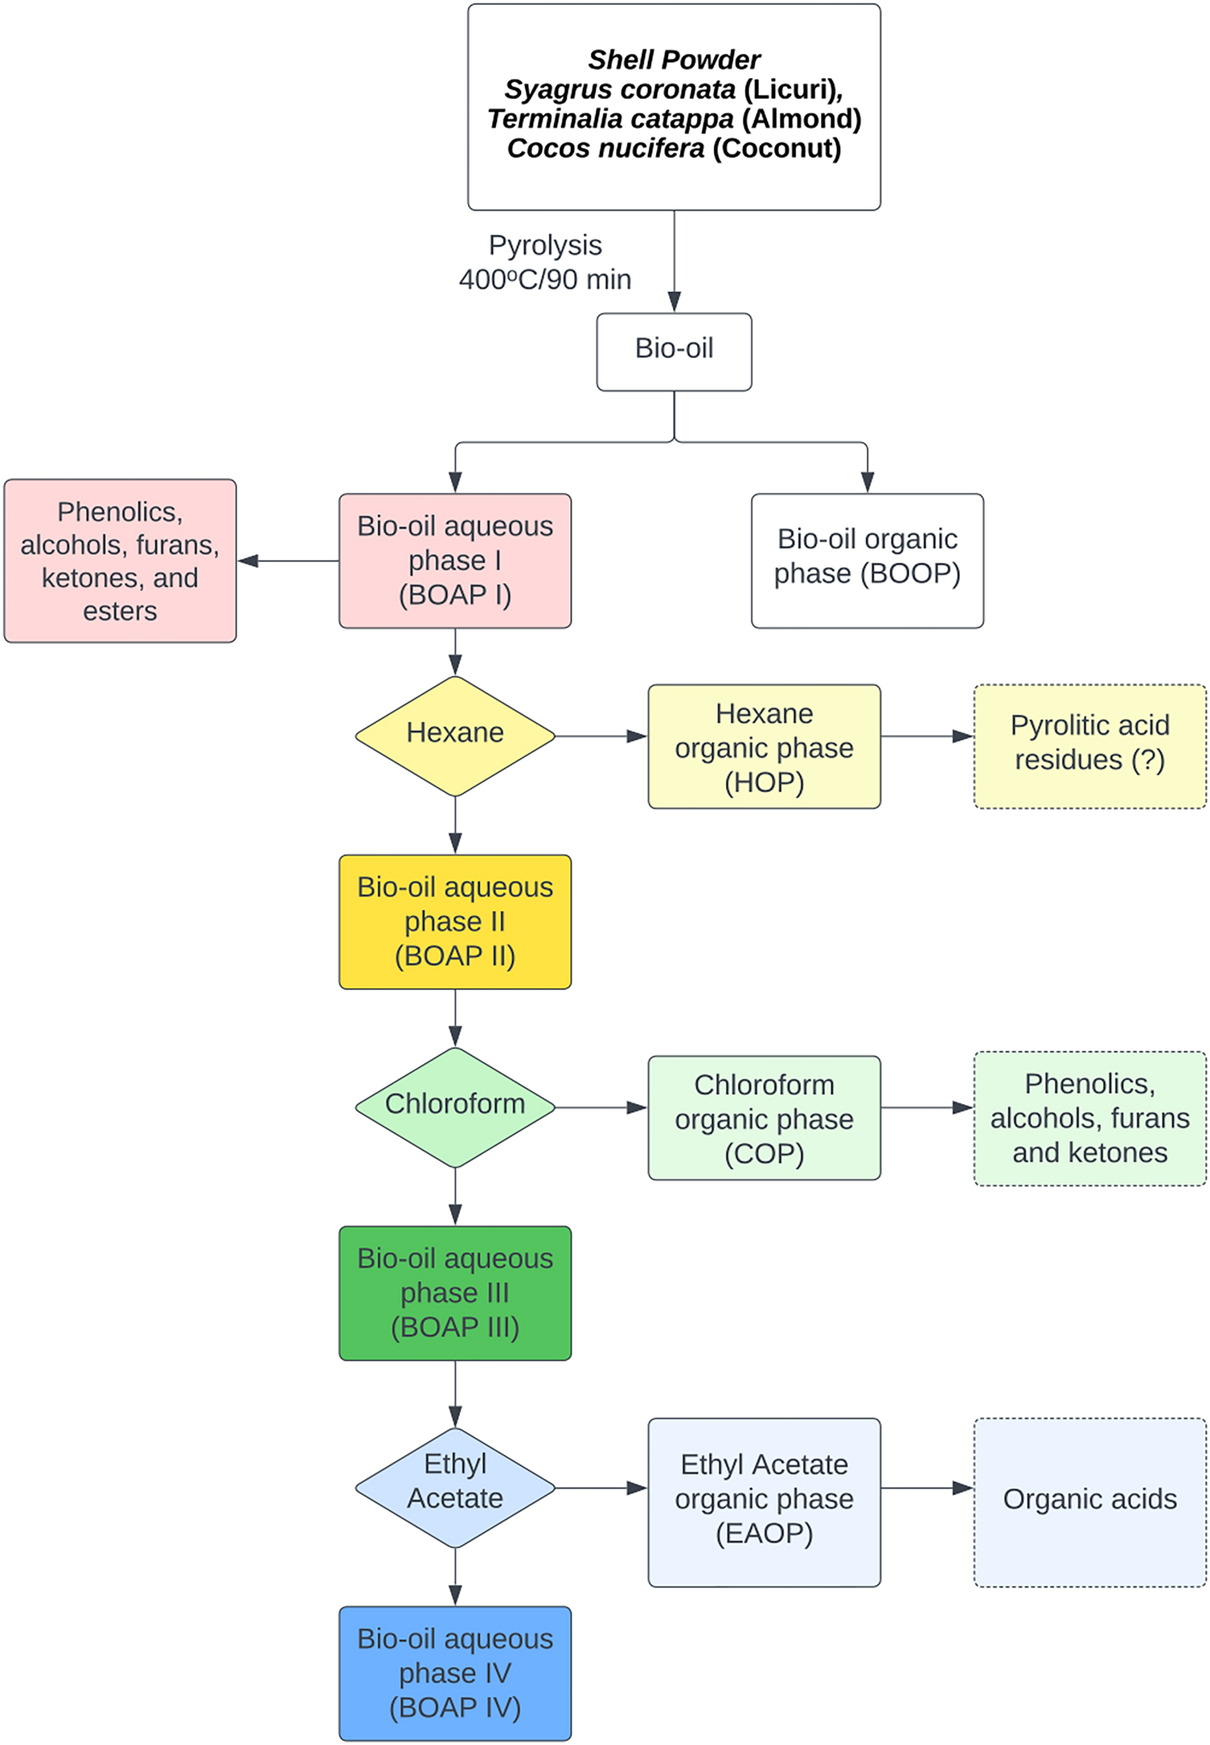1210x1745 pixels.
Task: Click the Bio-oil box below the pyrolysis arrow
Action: tap(674, 351)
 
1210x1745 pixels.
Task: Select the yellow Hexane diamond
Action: tap(455, 736)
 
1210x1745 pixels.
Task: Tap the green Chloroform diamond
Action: tap(455, 1107)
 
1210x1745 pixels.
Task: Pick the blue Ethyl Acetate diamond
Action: tap(455, 1488)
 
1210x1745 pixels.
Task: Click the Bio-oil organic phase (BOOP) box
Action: tap(868, 560)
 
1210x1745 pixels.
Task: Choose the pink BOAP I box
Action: tap(455, 560)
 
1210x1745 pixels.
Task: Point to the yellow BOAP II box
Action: tap(455, 922)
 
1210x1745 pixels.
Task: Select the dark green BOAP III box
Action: tap(455, 1293)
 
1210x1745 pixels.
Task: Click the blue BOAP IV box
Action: tap(455, 1673)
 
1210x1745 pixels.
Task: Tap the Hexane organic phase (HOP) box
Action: tap(765, 746)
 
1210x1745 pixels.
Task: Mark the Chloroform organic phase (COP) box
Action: tap(765, 1118)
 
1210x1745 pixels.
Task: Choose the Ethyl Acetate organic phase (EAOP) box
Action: tap(765, 1502)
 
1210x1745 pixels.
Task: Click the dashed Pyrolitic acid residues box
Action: tap(1090, 746)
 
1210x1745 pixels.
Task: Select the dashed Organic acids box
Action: tap(1090, 1502)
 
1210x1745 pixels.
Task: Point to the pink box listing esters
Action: tap(120, 560)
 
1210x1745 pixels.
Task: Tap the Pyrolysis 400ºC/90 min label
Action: tap(545, 262)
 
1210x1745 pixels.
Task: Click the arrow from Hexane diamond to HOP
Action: tap(602, 736)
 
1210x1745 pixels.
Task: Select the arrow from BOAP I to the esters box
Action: tap(288, 560)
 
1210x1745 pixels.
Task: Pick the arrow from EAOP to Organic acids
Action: tap(928, 1488)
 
